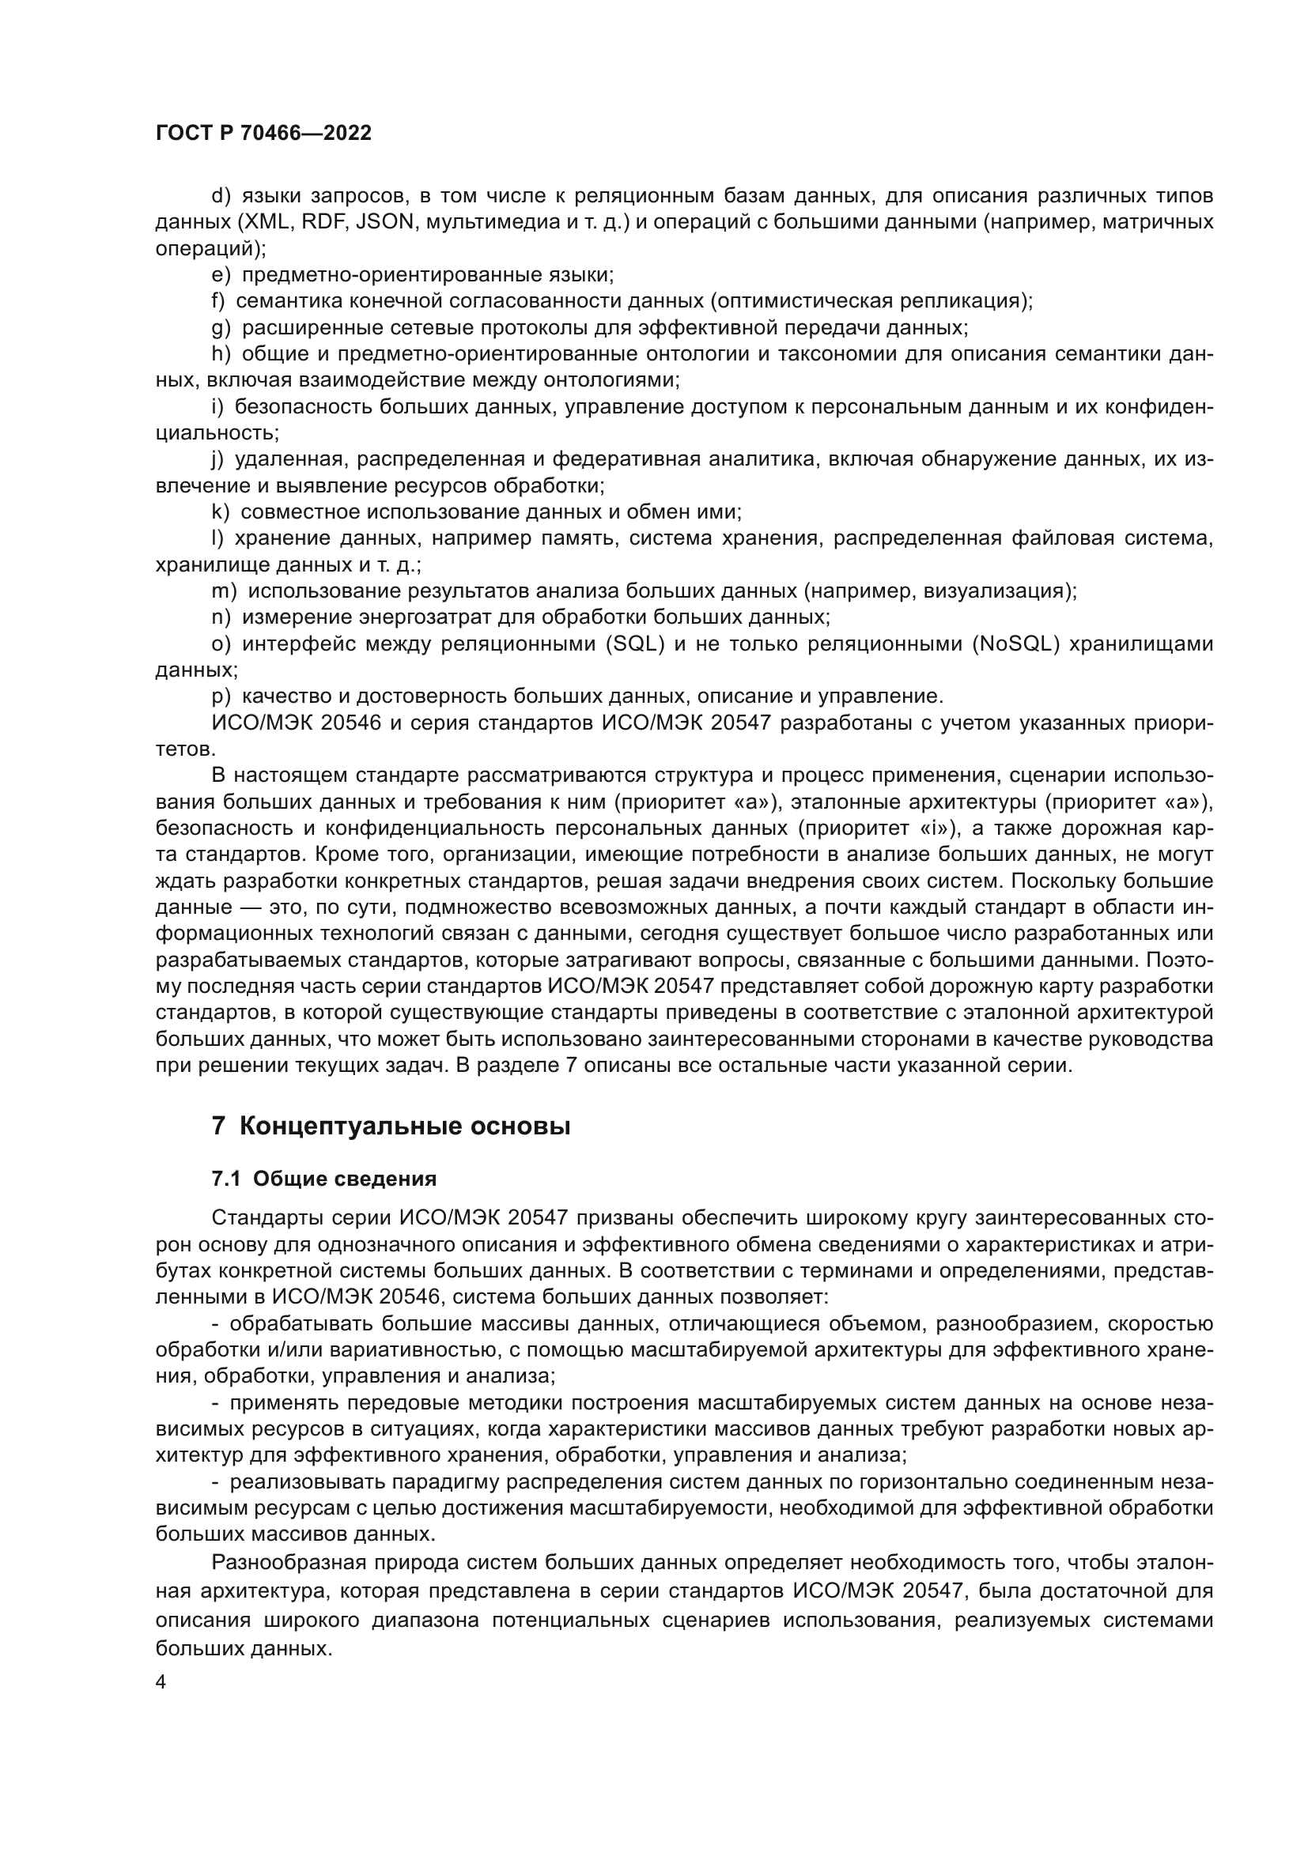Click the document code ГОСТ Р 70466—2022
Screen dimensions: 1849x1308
(263, 134)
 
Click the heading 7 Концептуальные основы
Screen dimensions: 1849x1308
(391, 1126)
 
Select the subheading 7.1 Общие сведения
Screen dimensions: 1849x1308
(323, 1179)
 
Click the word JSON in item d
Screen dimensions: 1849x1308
(384, 222)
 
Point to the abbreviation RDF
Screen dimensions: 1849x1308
(323, 222)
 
